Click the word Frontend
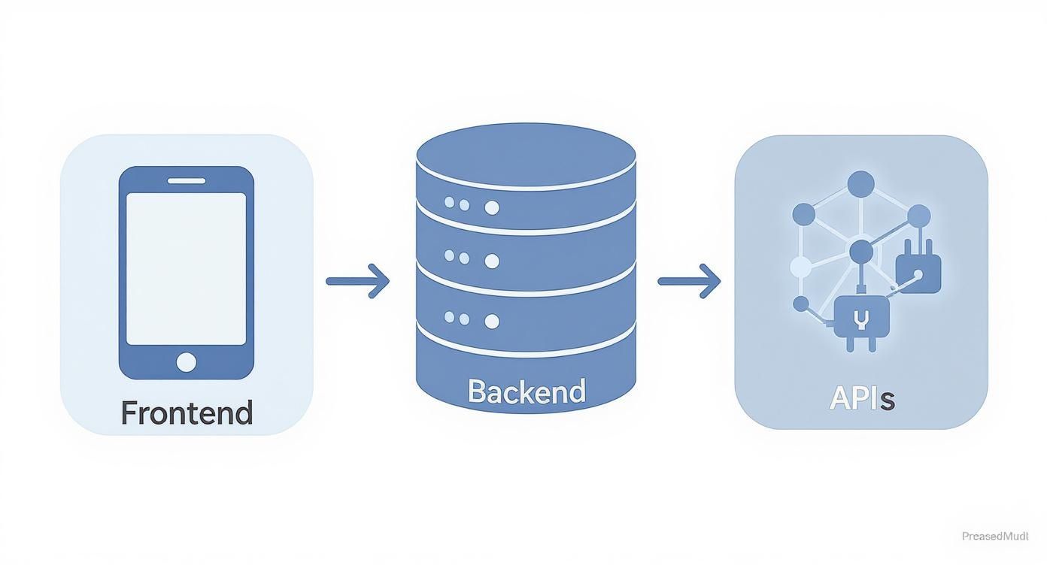click(x=187, y=413)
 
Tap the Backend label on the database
click(x=526, y=391)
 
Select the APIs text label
click(x=861, y=398)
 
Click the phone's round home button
click(x=186, y=362)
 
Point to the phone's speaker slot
click(x=186, y=180)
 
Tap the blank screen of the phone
click(x=186, y=268)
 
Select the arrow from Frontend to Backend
click(x=358, y=281)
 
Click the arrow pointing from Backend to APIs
click(x=690, y=281)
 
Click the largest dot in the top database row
click(x=492, y=207)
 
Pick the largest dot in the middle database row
click(x=492, y=261)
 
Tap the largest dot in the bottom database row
click(x=492, y=322)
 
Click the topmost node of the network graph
click(x=860, y=183)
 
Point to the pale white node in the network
click(x=800, y=266)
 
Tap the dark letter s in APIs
click(x=888, y=400)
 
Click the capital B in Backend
click(x=477, y=391)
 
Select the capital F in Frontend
click(x=130, y=413)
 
